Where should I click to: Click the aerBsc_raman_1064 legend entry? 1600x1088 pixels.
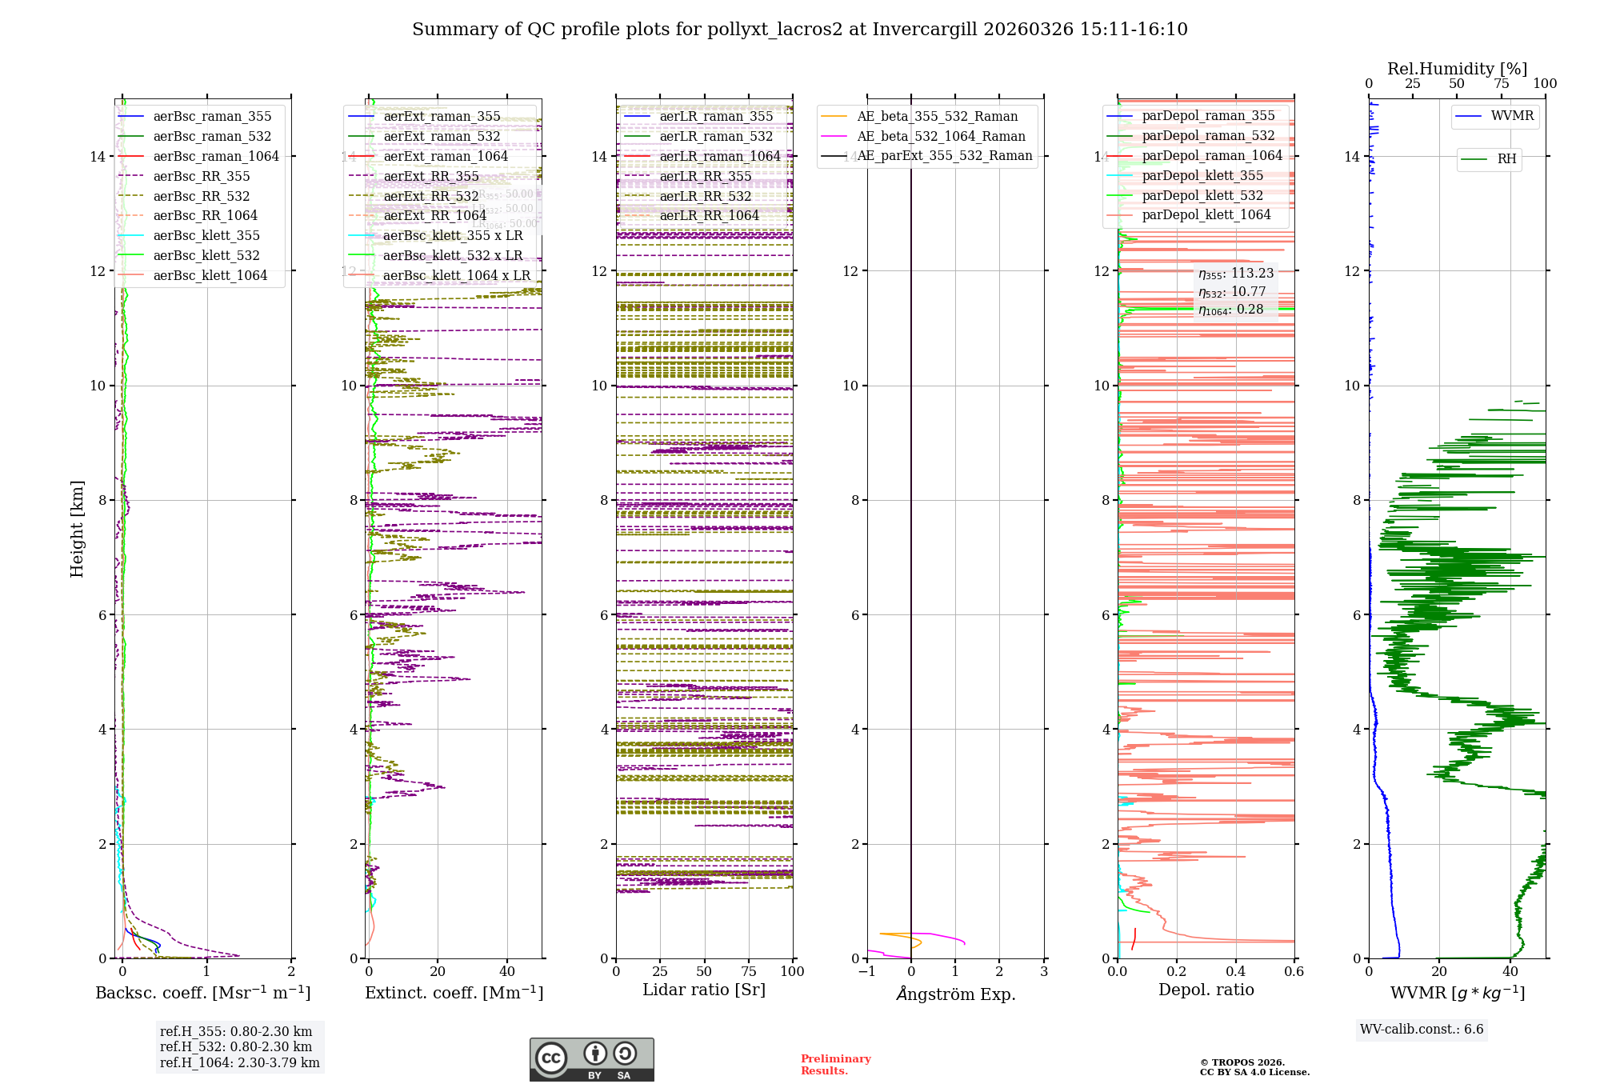(216, 157)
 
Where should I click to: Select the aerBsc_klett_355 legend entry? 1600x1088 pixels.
(206, 236)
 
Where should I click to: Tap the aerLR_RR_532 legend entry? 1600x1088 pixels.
(705, 196)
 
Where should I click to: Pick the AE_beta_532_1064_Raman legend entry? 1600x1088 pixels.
(941, 137)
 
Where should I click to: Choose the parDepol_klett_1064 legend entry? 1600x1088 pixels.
(1206, 215)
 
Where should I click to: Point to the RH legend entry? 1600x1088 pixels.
(1506, 159)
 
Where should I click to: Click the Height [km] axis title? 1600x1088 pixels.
(77, 529)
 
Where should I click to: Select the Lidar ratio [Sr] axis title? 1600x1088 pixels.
(704, 990)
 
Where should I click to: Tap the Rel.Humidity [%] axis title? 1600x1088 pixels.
(1457, 69)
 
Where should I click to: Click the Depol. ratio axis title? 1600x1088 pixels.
(1206, 990)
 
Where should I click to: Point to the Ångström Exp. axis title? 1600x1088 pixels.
(955, 994)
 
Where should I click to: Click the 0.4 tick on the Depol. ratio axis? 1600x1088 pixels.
(1235, 972)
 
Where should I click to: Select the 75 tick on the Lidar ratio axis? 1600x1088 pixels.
(749, 972)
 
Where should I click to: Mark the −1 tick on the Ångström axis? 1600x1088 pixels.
(866, 972)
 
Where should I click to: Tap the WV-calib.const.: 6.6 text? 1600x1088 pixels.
(1422, 1030)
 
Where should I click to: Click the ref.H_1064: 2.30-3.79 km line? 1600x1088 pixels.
(239, 1063)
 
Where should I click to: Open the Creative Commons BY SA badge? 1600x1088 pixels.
(591, 1059)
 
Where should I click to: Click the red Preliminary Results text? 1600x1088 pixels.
(835, 1065)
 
